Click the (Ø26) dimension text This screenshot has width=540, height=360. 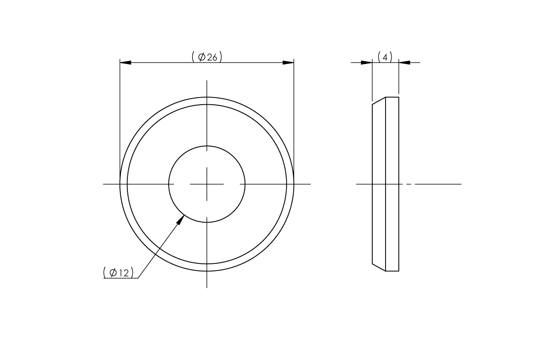(x=207, y=57)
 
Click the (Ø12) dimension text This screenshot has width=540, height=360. (x=118, y=272)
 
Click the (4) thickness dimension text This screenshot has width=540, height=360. (x=385, y=57)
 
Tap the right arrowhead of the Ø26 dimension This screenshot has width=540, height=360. (x=288, y=63)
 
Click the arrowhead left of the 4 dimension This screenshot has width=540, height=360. (x=367, y=63)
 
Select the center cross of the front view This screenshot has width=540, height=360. (x=207, y=184)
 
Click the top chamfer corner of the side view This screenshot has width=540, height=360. (x=372, y=104)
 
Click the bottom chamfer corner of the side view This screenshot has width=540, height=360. (x=372, y=264)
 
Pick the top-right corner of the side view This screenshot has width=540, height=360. (x=399, y=97)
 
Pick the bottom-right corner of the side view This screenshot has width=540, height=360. (x=399, y=271)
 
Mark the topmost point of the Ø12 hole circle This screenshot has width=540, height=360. (x=207, y=145)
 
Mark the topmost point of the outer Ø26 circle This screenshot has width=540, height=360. (x=207, y=97)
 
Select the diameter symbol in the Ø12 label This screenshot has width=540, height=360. (x=113, y=272)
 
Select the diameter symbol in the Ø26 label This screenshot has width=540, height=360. (x=201, y=57)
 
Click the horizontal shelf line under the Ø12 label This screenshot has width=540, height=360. (x=121, y=278)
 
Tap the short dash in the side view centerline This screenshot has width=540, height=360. (x=409, y=184)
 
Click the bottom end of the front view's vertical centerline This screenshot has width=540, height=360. (x=207, y=287)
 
